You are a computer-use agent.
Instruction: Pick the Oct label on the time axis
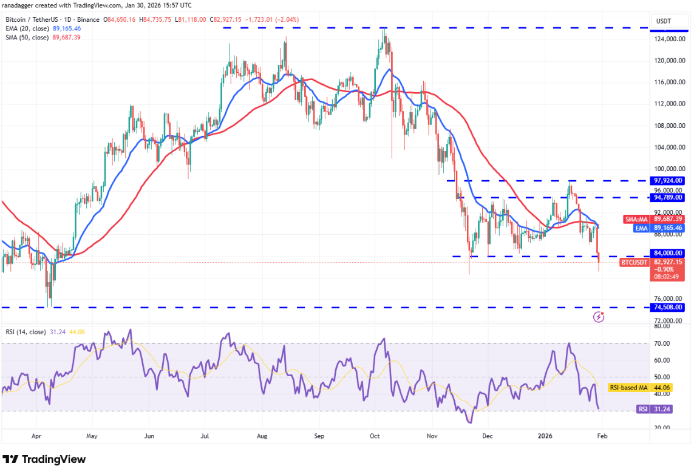pos(375,436)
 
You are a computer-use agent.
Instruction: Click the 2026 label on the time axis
pos(544,436)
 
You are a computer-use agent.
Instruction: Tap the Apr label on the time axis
pos(36,436)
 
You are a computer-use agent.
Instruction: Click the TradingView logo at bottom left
pos(44,459)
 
